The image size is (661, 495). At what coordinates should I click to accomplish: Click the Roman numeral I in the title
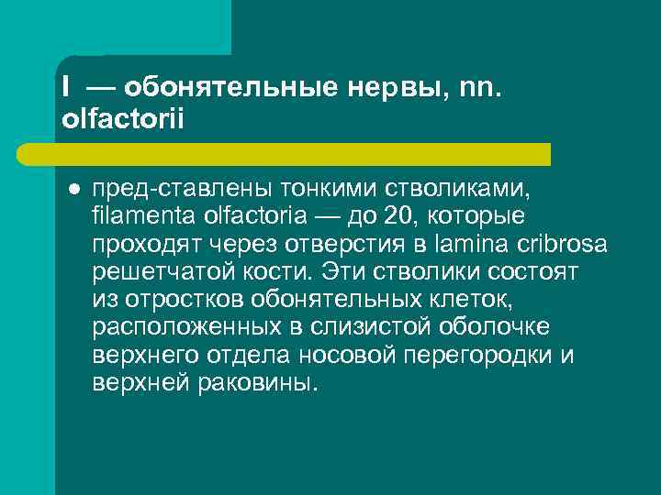click(66, 87)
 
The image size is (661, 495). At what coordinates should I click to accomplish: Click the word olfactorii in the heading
click(124, 120)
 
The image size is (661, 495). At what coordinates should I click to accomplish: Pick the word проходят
click(141, 244)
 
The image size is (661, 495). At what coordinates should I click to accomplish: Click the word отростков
click(173, 300)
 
